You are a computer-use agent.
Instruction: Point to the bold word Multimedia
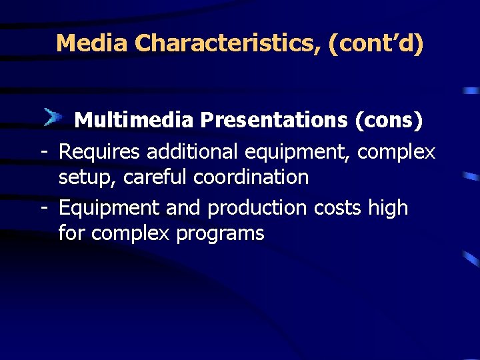click(133, 120)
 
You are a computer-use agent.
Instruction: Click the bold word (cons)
click(389, 120)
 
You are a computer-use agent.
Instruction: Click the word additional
click(193, 152)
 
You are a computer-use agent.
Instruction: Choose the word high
click(388, 209)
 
